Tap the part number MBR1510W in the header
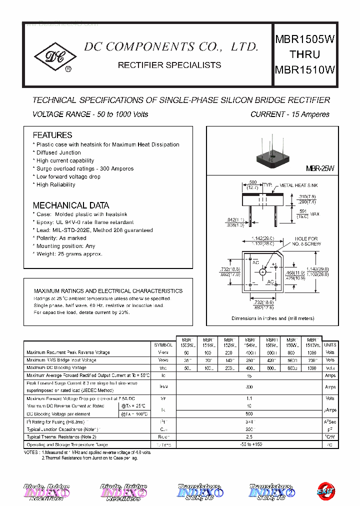coord(304,70)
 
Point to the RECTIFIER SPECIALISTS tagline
coord(169,65)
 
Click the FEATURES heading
coord(52,135)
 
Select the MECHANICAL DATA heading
coord(70,205)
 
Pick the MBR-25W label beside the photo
coord(320,169)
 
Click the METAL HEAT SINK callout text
coord(298,185)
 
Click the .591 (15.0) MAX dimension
coord(308,213)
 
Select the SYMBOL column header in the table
coord(163,345)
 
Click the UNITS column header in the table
coord(330,345)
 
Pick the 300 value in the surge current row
coord(249,387)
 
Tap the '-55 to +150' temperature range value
coord(249,444)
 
